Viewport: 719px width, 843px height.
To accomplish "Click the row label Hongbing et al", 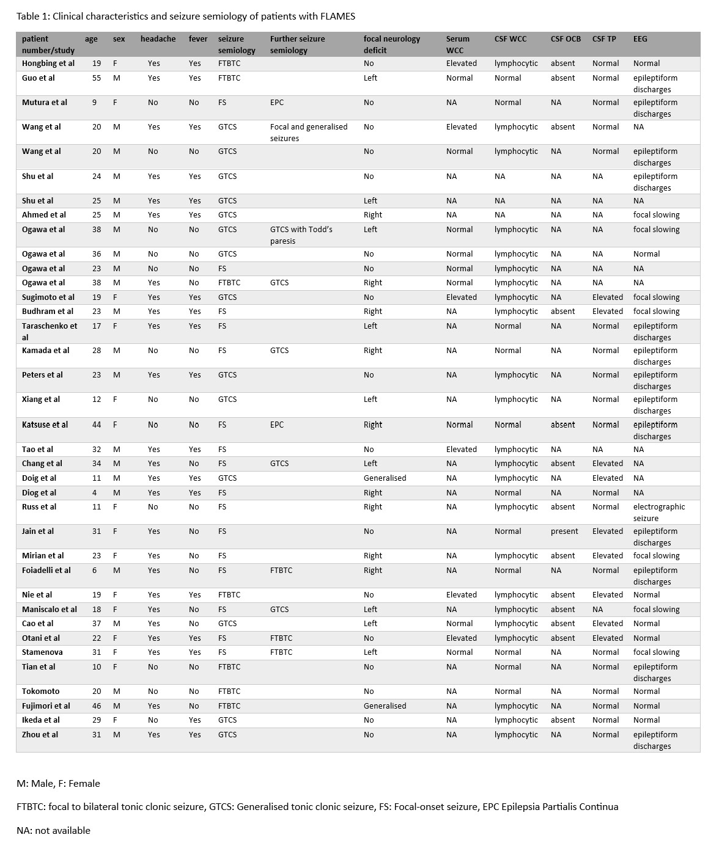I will pos(48,64).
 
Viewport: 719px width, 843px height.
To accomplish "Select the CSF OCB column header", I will pos(566,39).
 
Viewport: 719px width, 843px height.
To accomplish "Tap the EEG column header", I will pos(640,39).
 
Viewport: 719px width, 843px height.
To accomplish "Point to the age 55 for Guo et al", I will pos(97,78).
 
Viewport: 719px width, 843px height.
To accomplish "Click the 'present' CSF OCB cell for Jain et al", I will pos(564,531).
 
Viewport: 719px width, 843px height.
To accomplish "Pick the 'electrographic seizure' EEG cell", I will pos(658,513).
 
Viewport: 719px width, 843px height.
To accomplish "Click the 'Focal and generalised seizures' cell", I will pos(308,133).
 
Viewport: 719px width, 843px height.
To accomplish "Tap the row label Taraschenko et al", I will pos(50,332).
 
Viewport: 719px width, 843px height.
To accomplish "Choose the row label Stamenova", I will pos(42,652).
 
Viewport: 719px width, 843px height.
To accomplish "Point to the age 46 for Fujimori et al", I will pos(97,706).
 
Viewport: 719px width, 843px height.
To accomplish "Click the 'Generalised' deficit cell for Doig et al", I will pos(385,478).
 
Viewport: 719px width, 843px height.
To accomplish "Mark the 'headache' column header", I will pos(158,39).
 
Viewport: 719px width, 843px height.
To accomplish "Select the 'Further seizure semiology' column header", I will pos(298,45).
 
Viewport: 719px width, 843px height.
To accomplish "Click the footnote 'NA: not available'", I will pos(53,831).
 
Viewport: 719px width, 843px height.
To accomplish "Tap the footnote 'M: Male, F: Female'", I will pos(58,784).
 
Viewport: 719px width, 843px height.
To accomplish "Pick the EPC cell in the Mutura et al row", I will pos(277,103).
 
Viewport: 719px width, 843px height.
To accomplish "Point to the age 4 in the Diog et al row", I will pos(94,493).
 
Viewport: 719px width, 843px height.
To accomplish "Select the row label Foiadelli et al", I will pos(46,571).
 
